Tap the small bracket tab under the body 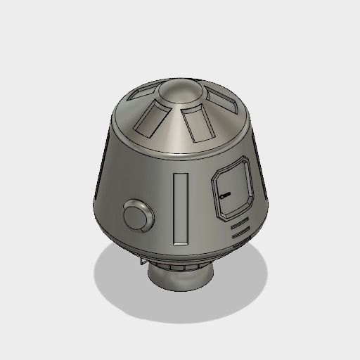tap(143, 261)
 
